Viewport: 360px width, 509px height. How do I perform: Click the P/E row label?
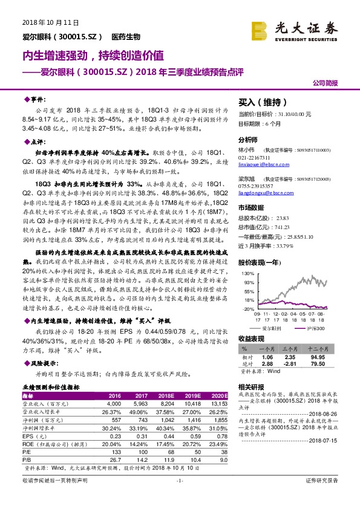[28, 450]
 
